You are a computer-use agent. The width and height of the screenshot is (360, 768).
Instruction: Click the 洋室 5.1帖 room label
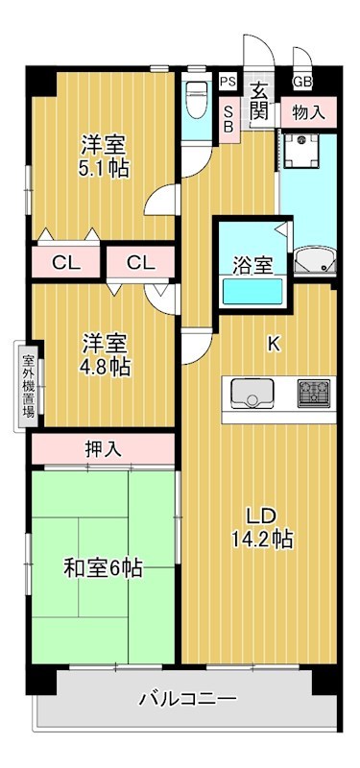click(x=105, y=156)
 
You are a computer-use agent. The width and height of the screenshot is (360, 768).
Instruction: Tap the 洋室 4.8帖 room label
click(x=105, y=354)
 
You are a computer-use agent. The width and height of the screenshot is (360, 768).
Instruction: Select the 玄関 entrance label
click(x=259, y=99)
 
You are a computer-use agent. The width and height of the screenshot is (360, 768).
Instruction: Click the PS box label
click(x=228, y=83)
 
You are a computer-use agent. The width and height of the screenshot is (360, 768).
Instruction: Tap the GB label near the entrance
click(x=301, y=83)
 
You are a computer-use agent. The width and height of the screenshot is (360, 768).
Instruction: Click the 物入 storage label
click(x=309, y=111)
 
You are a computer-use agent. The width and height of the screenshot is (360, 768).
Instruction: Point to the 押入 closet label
click(x=103, y=447)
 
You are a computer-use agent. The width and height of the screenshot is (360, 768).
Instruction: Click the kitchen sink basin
click(x=252, y=394)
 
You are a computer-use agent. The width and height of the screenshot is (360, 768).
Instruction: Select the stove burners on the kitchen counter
click(x=313, y=392)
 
